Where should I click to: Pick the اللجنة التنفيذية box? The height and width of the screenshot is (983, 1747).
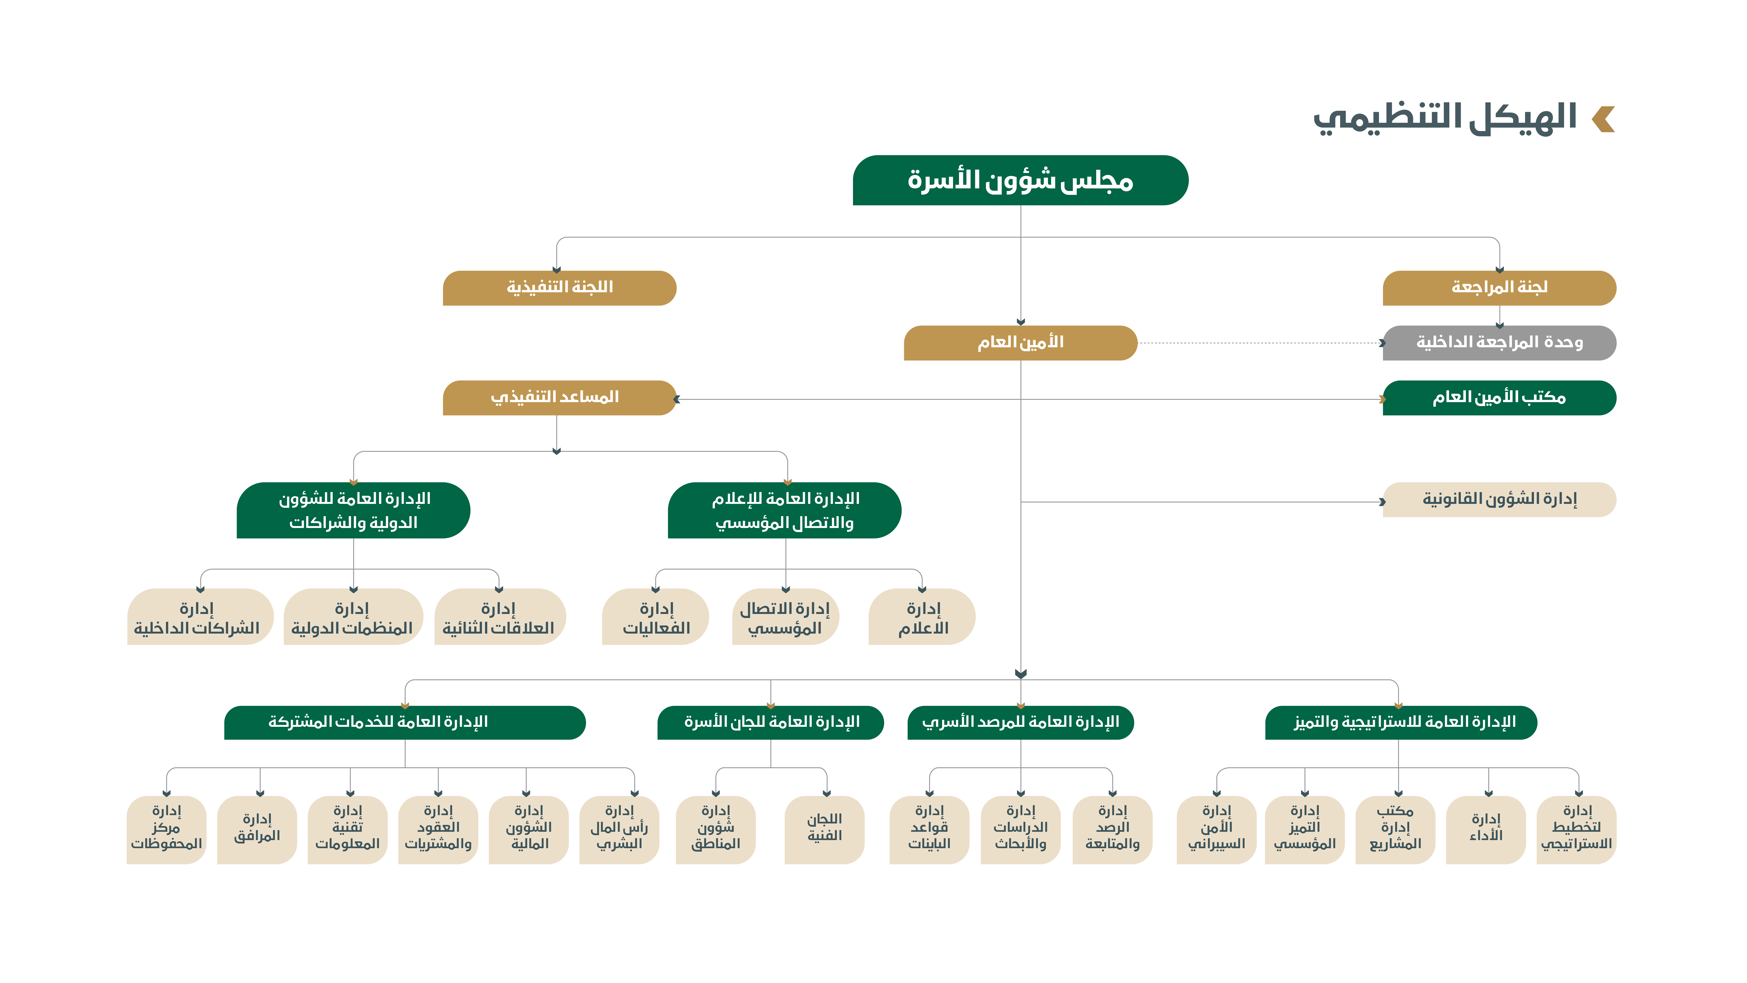560,288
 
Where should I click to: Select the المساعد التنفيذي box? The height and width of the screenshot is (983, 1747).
560,398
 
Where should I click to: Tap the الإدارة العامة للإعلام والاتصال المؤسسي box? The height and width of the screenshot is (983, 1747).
785,510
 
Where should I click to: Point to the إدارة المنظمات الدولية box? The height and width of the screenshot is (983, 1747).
353,617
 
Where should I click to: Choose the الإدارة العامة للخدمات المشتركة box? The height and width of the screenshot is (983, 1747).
405,723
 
